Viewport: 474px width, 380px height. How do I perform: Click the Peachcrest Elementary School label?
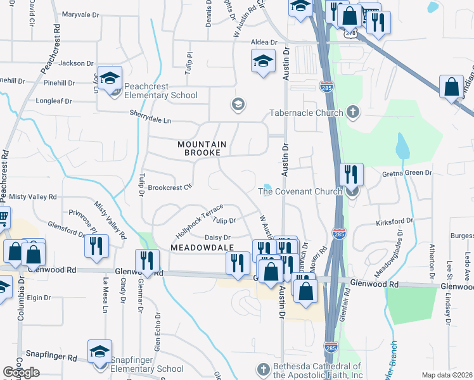pos(161,91)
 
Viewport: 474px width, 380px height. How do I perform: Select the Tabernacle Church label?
pos(305,112)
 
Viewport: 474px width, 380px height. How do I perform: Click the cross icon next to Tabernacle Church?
pos(354,113)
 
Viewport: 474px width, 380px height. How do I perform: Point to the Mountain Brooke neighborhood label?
pos(202,148)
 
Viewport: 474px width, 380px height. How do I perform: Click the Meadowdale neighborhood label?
pos(202,246)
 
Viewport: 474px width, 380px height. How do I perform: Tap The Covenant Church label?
pos(300,191)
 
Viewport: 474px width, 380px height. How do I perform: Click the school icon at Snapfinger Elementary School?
pos(100,352)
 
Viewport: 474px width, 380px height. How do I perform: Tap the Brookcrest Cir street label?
pos(169,187)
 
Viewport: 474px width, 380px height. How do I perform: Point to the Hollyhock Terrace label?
pos(195,215)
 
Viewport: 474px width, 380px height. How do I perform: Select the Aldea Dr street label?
pos(260,41)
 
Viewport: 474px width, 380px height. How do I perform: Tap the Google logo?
pos(21,372)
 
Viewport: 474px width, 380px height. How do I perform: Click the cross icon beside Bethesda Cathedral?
pos(264,369)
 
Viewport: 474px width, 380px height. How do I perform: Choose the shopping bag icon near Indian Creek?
pos(452,87)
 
